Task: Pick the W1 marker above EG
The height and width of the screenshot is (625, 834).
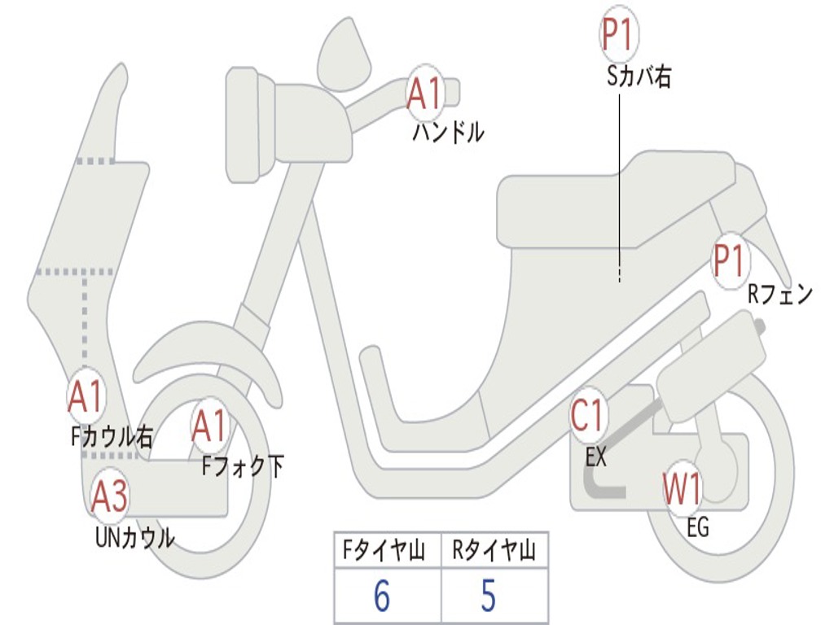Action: tap(683, 490)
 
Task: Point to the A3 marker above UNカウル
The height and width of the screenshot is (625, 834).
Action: tap(110, 497)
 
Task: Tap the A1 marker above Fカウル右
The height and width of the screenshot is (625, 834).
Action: tap(86, 396)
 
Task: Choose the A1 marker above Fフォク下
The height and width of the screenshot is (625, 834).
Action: tap(210, 426)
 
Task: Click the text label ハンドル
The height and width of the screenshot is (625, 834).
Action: tap(448, 132)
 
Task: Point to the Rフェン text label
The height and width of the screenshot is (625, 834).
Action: tap(780, 295)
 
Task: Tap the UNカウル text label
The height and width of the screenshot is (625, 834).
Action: tap(135, 537)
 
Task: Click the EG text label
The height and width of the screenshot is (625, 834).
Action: tap(698, 528)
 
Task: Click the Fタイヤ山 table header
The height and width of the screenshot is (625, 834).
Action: tap(386, 552)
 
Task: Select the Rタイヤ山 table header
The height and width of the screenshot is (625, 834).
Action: tap(494, 552)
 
